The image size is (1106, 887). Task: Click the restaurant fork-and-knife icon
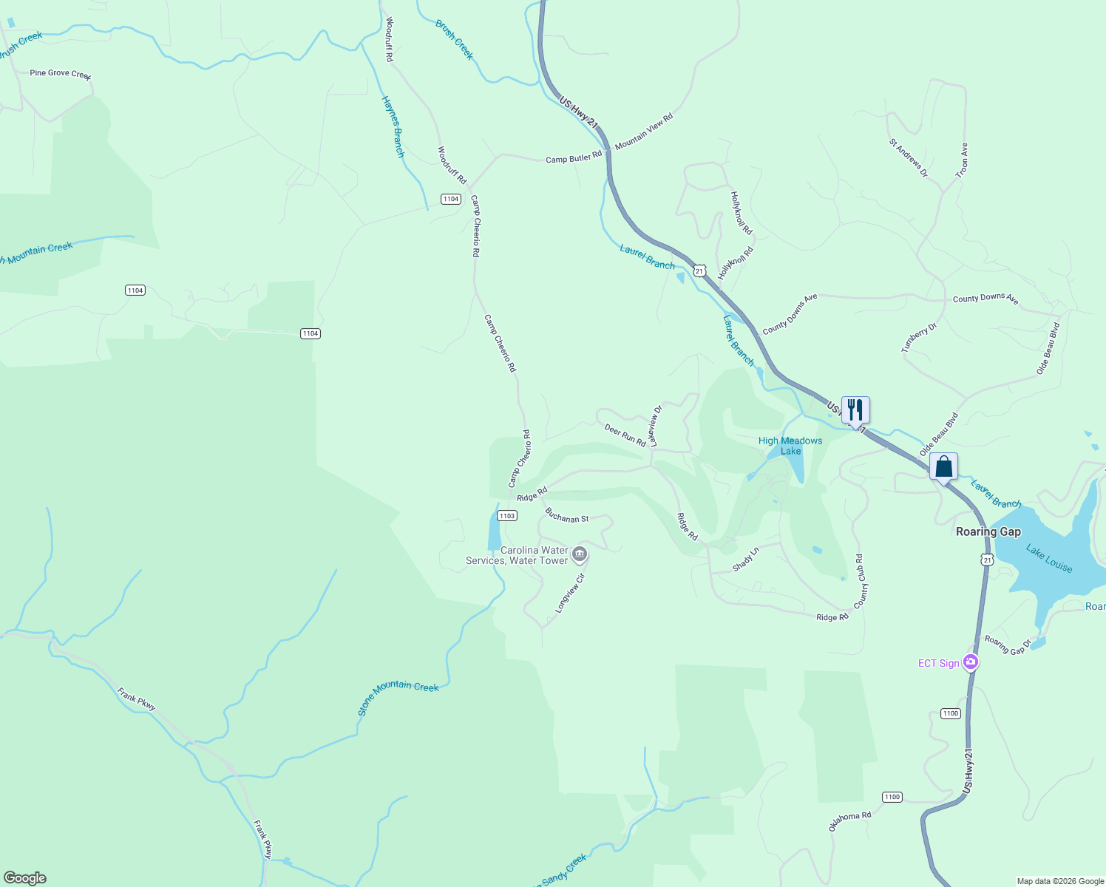[x=855, y=410]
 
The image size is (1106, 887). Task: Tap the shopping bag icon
[x=943, y=467]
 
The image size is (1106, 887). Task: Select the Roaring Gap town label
[x=988, y=532]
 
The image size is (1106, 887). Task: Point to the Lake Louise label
[x=1049, y=558]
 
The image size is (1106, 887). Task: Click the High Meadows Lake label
[x=790, y=446]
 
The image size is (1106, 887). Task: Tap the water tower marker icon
[x=580, y=554]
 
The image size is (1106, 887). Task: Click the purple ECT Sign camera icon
[x=971, y=663]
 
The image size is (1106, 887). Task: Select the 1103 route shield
[x=506, y=516]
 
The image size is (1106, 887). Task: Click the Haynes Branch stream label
[x=393, y=126]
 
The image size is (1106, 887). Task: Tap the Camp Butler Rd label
[x=574, y=158]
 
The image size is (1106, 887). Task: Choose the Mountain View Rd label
[x=644, y=132]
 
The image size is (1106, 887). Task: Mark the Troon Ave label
[x=962, y=160]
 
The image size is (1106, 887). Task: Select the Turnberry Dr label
[x=919, y=338]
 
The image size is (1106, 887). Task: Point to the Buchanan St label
[x=566, y=515]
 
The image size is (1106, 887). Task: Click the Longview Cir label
[x=570, y=593]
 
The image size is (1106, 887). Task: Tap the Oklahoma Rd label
[x=849, y=821]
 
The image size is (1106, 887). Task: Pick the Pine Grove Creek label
[x=60, y=74]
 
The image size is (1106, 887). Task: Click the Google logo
[x=24, y=878]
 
